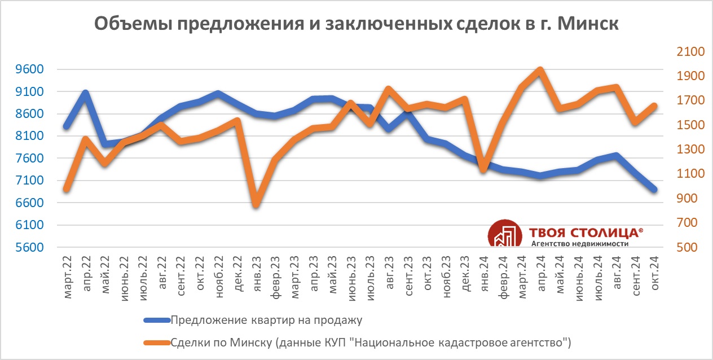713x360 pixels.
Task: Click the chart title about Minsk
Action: [356, 24]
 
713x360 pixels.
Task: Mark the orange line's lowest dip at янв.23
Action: [256, 205]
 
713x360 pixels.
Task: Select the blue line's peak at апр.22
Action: [85, 92]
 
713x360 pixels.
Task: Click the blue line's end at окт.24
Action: [654, 190]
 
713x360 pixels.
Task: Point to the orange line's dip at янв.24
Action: [483, 169]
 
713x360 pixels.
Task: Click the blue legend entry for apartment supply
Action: [265, 321]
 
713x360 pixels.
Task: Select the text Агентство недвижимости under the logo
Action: [580, 244]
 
